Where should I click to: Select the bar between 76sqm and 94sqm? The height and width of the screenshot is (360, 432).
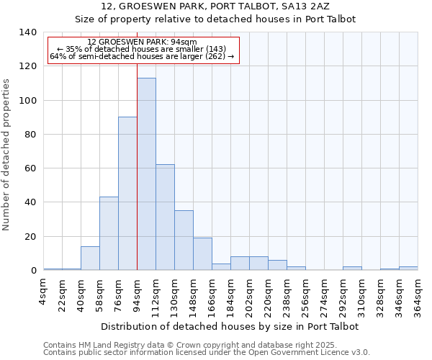127,194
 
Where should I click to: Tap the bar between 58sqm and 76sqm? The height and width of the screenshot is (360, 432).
109,233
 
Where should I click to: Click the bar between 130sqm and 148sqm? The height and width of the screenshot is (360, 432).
184,240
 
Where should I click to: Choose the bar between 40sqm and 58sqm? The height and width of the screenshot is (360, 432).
90,258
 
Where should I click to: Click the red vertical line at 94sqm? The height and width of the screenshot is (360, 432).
137,166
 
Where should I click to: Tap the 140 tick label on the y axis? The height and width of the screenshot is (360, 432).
27,32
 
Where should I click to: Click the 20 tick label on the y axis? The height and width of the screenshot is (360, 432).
30,237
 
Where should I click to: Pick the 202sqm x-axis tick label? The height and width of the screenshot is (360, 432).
250,295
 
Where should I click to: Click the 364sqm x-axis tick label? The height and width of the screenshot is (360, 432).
418,295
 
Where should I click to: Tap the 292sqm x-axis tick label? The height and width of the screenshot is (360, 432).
343,295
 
